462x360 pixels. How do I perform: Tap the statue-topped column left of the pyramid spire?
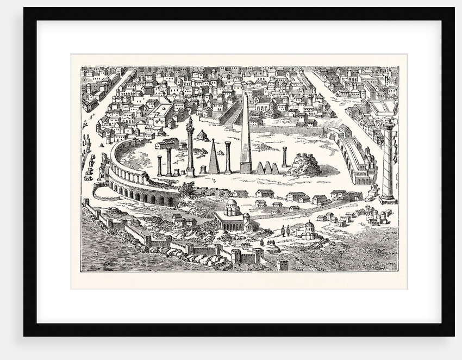click(x=190, y=150)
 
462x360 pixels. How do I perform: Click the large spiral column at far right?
click(x=388, y=160)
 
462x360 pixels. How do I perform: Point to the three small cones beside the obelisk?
click(x=267, y=167)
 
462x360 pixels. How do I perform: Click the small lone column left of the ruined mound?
click(x=284, y=157)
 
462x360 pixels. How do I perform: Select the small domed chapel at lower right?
click(x=308, y=231)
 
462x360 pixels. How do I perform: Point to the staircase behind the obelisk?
click(x=233, y=116)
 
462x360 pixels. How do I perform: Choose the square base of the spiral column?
click(x=388, y=199)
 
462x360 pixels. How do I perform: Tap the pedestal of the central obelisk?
click(x=246, y=168)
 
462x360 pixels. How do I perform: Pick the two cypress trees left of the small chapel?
click(x=285, y=231)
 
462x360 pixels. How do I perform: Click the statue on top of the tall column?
click(x=190, y=123)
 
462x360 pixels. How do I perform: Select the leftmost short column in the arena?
click(x=159, y=165)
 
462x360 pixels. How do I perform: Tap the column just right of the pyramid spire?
click(x=228, y=157)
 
